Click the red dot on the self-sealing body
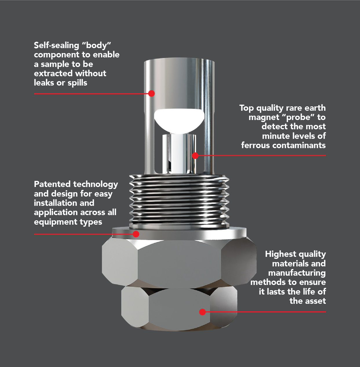pos(151,93)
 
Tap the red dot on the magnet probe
pos(195,156)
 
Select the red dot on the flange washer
pos(136,234)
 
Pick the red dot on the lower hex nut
pos(202,312)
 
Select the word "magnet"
pos(264,117)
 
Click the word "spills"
pos(77,83)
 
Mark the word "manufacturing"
pos(297,273)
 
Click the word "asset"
pos(315,301)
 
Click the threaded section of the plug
pos(179,200)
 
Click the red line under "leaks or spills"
pos(87,94)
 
